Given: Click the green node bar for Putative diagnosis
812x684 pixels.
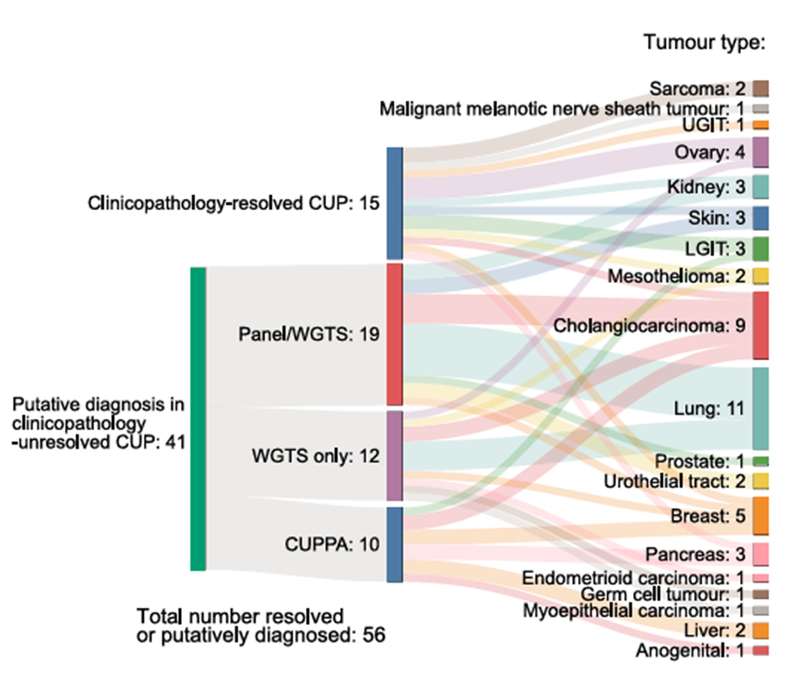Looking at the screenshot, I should pyautogui.click(x=198, y=419).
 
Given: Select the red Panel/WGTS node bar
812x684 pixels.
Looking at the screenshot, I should pyautogui.click(x=395, y=334).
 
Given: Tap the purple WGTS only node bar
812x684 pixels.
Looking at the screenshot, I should pyautogui.click(x=395, y=456).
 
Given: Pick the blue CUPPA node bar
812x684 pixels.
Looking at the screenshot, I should pyautogui.click(x=395, y=544).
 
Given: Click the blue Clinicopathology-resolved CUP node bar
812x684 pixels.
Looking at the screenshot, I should pyautogui.click(x=395, y=203).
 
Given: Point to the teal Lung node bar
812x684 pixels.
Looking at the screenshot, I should pyautogui.click(x=760, y=408).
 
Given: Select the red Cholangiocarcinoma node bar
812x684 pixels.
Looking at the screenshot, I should pyautogui.click(x=760, y=325).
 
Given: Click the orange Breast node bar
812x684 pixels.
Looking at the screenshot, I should pyautogui.click(x=760, y=515).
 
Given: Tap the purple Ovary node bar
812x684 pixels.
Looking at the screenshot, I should pyautogui.click(x=760, y=152).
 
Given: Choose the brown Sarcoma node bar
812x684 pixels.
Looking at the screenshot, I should pyautogui.click(x=760, y=88).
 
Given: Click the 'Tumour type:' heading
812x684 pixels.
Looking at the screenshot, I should pyautogui.click(x=704, y=43).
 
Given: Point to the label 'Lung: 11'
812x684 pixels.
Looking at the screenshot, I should pyautogui.click(x=709, y=408).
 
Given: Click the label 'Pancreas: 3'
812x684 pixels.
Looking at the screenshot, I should pyautogui.click(x=695, y=554).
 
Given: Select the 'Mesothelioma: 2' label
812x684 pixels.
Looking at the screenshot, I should pyautogui.click(x=676, y=276).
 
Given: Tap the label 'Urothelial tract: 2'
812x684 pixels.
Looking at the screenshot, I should pyautogui.click(x=674, y=481).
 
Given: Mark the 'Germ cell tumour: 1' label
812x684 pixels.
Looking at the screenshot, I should pyautogui.click(x=663, y=594).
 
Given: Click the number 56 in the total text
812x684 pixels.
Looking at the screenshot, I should pyautogui.click(x=373, y=635).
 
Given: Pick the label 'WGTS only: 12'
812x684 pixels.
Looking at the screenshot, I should pyautogui.click(x=316, y=456).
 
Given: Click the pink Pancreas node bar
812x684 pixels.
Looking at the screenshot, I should pyautogui.click(x=760, y=554).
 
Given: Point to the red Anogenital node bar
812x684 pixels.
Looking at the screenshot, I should pyautogui.click(x=760, y=651).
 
